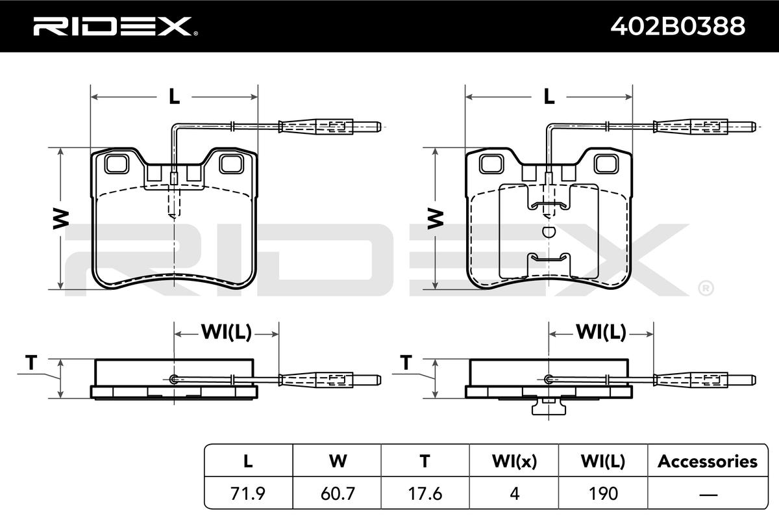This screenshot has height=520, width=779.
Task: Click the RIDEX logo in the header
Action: point(116,27)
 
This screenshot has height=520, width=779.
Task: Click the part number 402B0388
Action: point(678,26)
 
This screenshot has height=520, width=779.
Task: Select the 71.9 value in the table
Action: point(247,493)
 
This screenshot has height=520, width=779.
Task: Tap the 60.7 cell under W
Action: point(338,493)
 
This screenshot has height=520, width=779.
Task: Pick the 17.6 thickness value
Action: point(425,493)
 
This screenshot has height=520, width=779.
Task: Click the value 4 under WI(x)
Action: point(514,493)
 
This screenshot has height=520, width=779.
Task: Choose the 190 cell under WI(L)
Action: point(603,493)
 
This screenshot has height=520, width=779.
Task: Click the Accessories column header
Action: point(708,461)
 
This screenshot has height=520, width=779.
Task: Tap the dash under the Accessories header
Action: point(708,494)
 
